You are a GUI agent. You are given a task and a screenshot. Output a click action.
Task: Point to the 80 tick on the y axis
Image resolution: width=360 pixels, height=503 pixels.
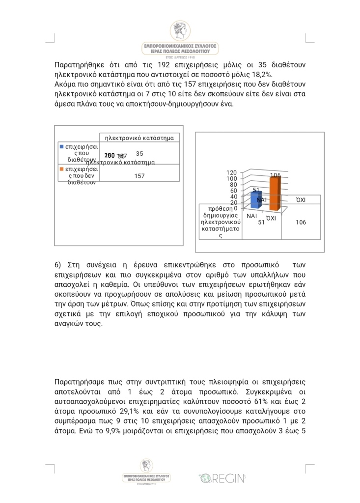(x=234, y=185)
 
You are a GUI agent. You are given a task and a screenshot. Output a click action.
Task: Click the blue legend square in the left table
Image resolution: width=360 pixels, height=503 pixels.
(x=61, y=146)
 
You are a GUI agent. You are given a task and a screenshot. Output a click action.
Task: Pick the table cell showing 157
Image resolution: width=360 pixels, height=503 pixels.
(x=139, y=176)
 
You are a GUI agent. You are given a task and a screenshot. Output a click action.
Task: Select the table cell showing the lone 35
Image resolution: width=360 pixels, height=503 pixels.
(x=139, y=154)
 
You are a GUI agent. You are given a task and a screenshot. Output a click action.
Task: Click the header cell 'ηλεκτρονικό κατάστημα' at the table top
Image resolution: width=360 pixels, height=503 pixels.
(x=140, y=138)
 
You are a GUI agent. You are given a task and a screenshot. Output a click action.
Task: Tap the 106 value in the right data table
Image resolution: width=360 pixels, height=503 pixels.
(x=301, y=223)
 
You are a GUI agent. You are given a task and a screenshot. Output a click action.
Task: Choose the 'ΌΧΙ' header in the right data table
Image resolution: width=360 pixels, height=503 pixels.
(x=301, y=200)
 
